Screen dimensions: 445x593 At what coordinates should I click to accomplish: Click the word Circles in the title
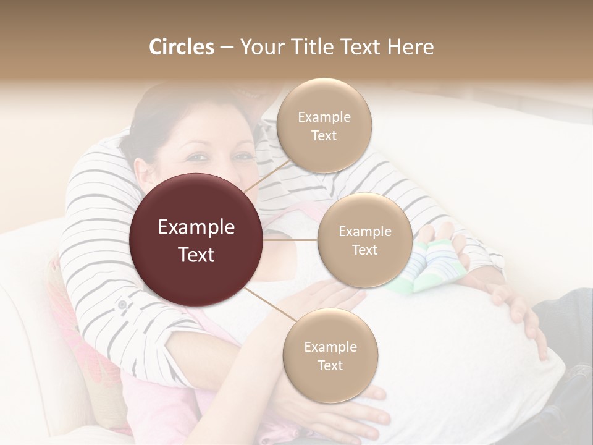pos(182,47)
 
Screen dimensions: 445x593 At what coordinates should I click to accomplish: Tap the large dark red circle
pos(196,240)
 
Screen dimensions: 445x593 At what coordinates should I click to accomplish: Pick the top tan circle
pos(324,126)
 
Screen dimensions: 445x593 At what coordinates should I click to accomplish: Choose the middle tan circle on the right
pos(364,240)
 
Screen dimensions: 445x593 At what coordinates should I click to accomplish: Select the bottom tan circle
pos(330,355)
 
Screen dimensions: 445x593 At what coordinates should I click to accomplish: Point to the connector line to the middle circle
pos(290,240)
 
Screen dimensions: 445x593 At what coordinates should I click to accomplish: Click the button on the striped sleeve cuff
pos(122,304)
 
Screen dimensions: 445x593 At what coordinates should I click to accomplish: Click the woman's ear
pos(143,172)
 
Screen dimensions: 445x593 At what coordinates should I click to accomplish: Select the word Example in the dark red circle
pos(196,227)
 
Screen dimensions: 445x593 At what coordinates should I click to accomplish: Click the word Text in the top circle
pos(324,135)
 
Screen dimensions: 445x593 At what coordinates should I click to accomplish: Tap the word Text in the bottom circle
pos(330,365)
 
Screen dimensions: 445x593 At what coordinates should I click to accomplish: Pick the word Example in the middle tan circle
pos(364,231)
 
